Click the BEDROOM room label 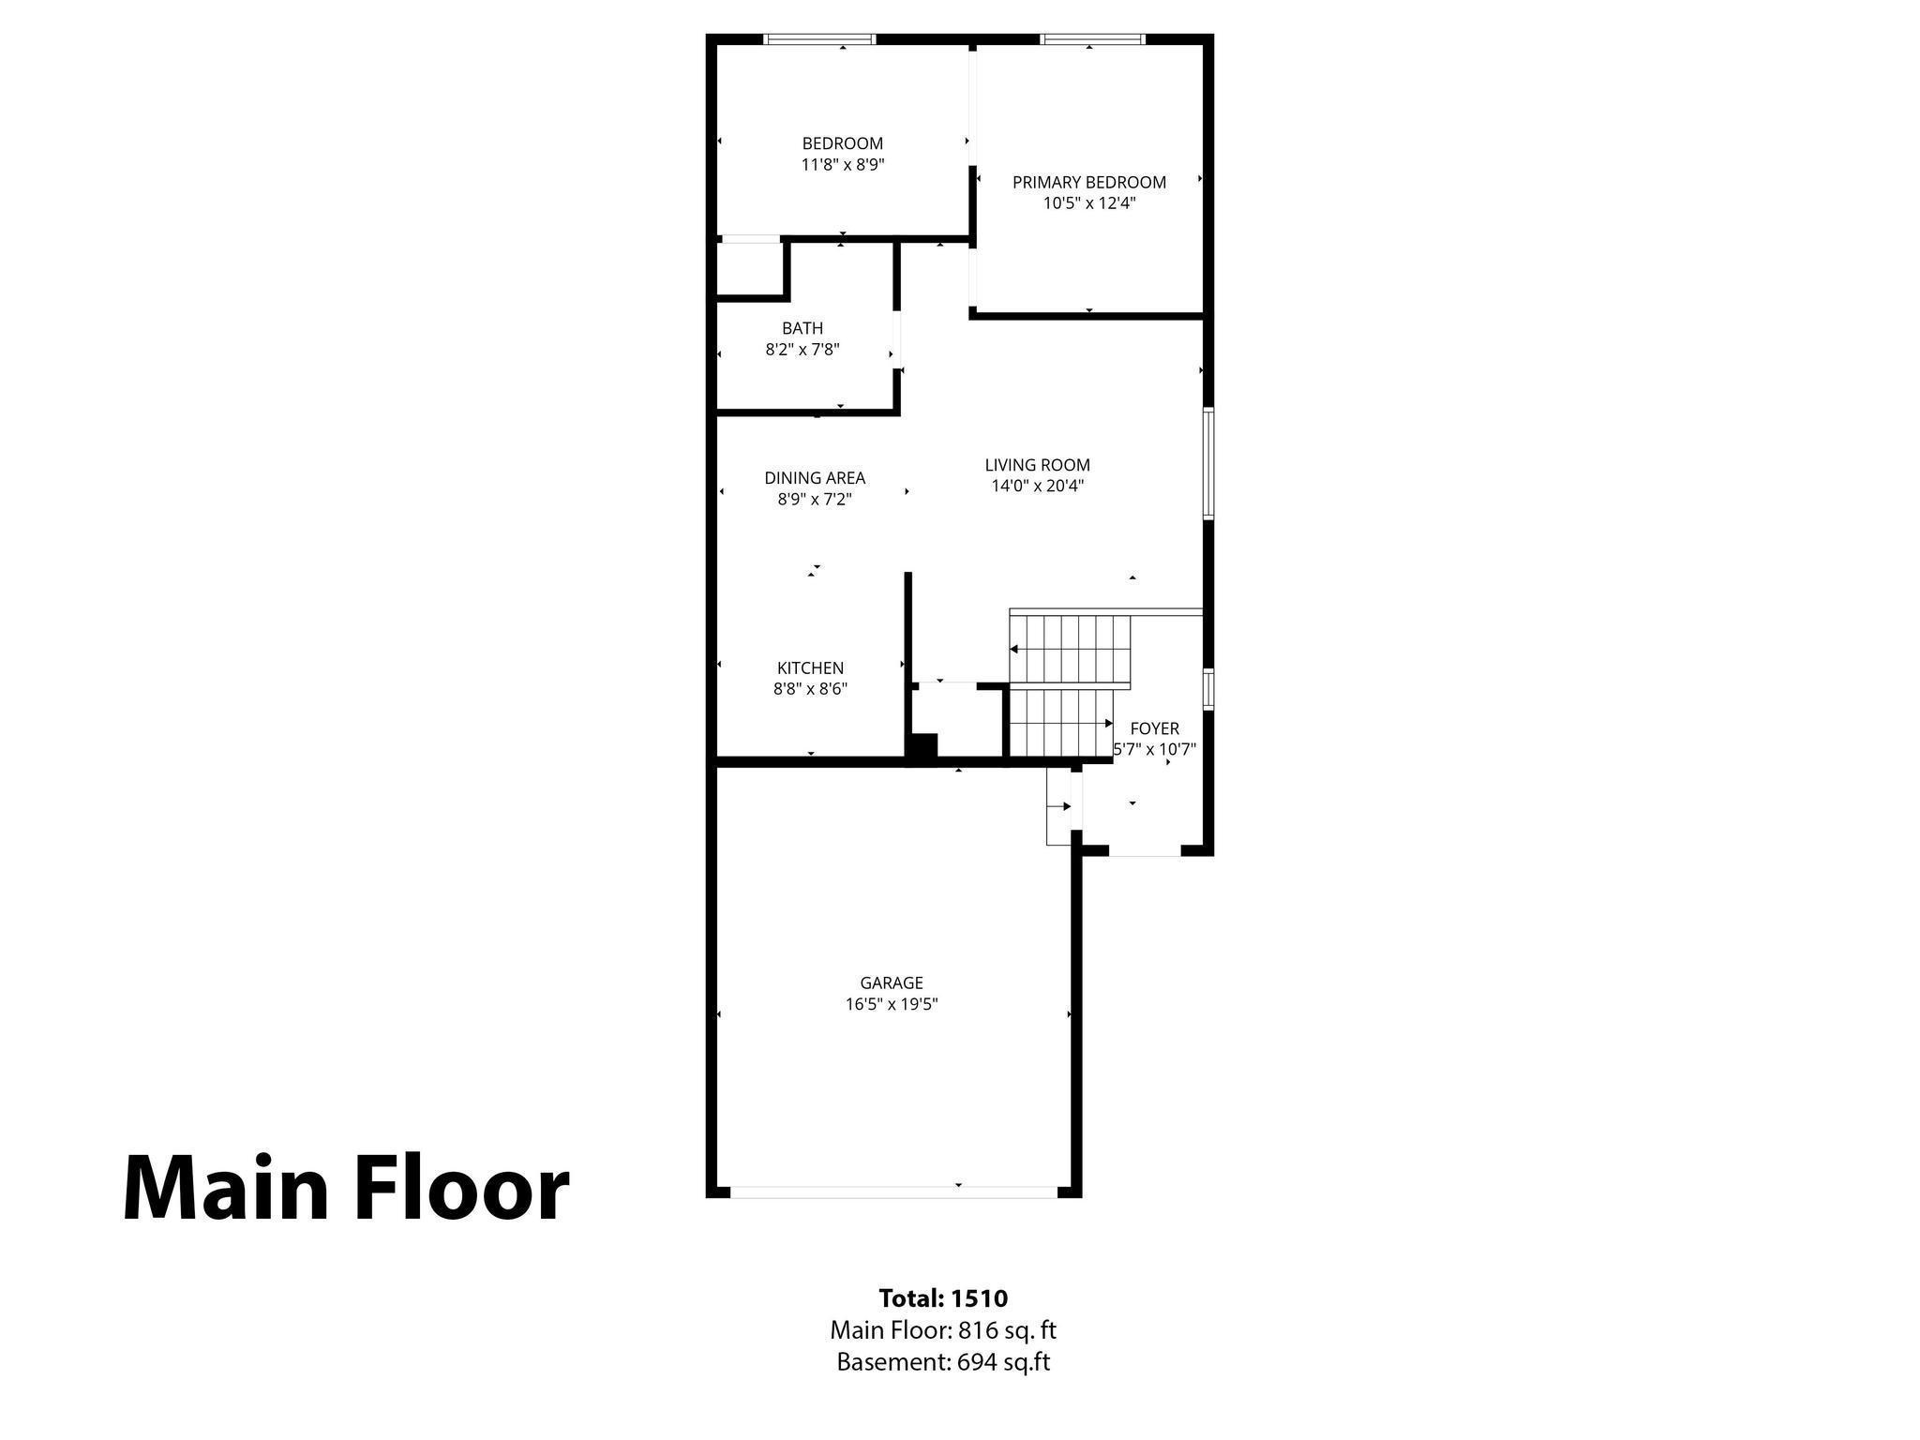842,143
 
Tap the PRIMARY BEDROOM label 1088,182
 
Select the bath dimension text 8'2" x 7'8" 802,350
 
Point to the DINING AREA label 814,478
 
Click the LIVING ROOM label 1037,465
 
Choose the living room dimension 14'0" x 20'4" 1037,486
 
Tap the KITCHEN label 810,668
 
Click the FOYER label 1154,728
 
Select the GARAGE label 892,982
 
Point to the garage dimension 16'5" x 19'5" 892,1004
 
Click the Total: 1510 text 943,1297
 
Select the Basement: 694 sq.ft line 943,1361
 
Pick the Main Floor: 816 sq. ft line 943,1329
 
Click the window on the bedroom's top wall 819,39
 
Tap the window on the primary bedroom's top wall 1092,39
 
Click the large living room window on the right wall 1208,463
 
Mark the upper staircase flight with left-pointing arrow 1071,649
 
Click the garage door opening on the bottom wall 892,1192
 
